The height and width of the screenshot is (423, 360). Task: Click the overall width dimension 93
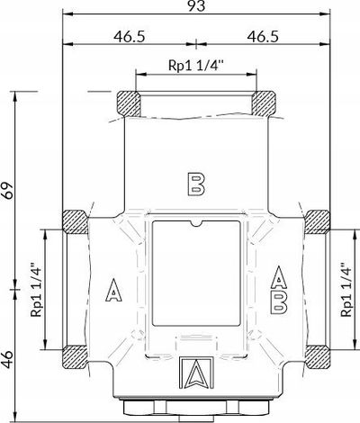pyautogui.click(x=196, y=6)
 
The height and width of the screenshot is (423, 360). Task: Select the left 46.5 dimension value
pyautogui.click(x=130, y=37)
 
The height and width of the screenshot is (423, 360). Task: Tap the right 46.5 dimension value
pyautogui.click(x=263, y=37)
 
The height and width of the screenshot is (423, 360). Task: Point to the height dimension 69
pyautogui.click(x=7, y=190)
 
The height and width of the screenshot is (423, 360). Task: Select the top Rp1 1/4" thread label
pyautogui.click(x=196, y=65)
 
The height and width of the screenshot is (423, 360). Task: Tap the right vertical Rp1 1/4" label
pyautogui.click(x=346, y=290)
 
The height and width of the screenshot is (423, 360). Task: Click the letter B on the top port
pyautogui.click(x=196, y=184)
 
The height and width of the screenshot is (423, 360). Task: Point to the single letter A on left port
pyautogui.click(x=114, y=290)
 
